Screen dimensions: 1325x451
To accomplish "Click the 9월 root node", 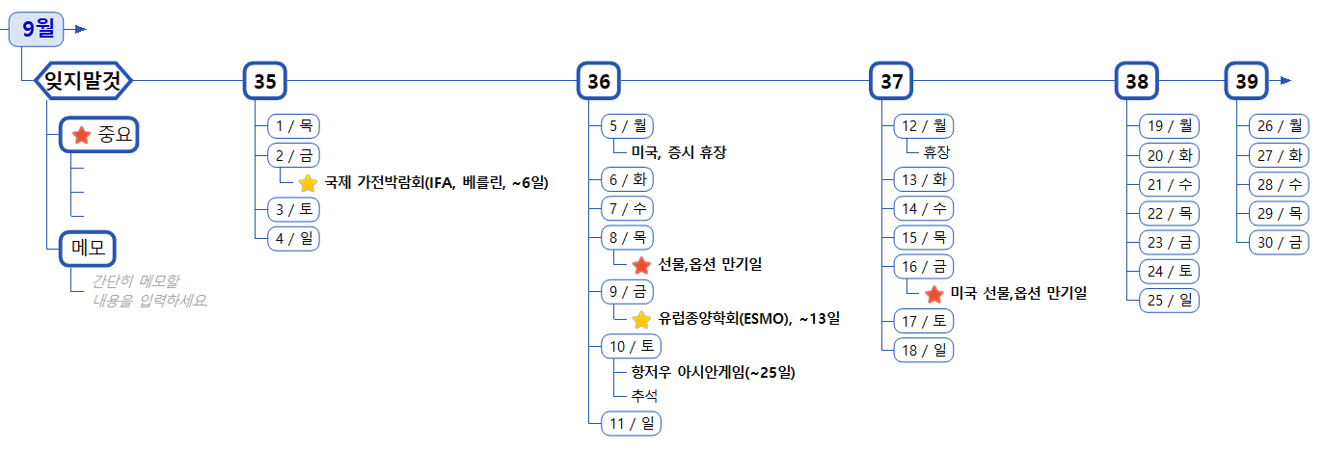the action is (38, 29).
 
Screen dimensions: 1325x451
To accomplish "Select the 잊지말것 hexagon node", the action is (83, 81).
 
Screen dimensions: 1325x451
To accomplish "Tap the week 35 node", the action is (264, 82).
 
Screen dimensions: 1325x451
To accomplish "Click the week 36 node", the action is (598, 82).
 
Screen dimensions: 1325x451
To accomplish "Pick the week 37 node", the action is (891, 82).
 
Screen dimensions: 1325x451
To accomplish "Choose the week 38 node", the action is (1137, 82).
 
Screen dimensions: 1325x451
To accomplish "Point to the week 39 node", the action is (1246, 82).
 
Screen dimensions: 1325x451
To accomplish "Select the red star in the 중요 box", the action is (82, 135).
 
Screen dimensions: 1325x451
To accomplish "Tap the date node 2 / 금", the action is (293, 154).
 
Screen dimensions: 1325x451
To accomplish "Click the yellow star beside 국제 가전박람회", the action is (308, 183).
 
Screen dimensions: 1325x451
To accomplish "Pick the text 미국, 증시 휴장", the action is (679, 153).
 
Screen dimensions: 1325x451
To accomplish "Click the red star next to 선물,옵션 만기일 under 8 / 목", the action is (641, 265).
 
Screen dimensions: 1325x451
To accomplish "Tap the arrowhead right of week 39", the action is (1284, 82).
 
